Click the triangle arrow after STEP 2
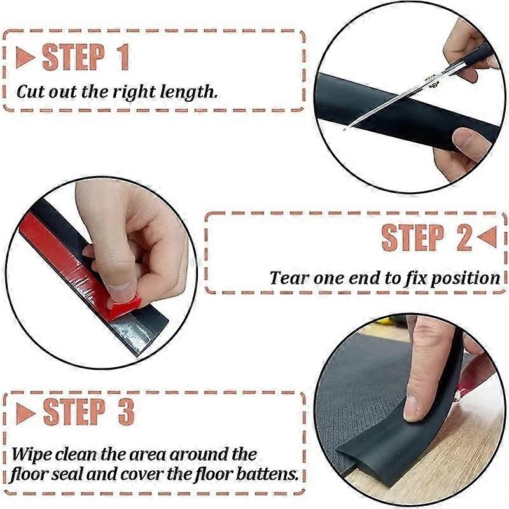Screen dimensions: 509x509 click(486, 238)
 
